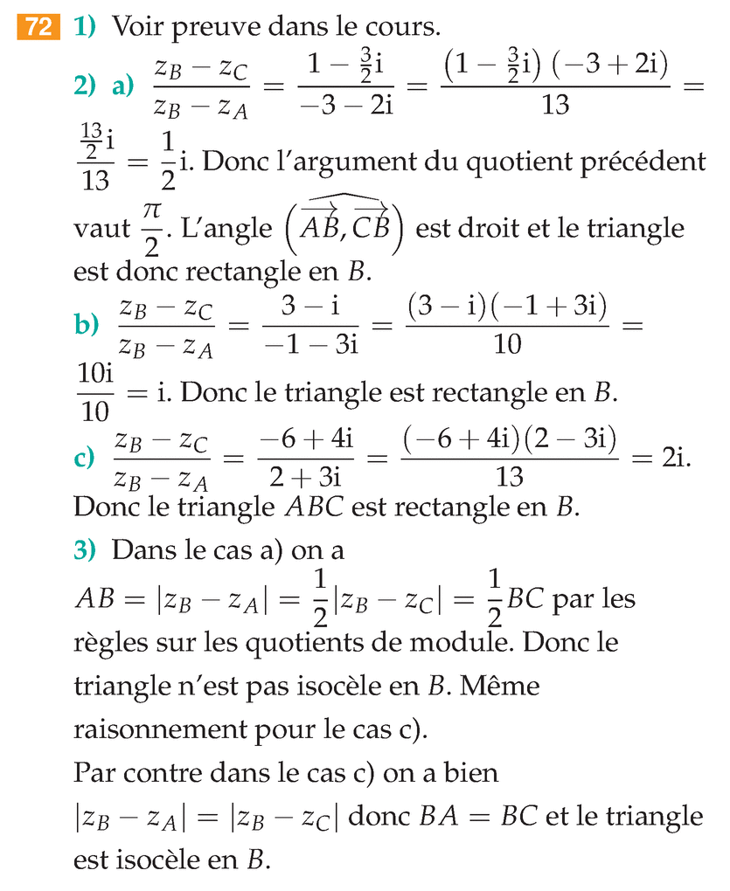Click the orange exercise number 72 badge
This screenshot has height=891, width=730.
tap(38, 28)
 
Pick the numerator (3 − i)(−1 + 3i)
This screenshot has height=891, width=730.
tap(507, 307)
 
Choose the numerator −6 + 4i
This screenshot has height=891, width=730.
tap(305, 440)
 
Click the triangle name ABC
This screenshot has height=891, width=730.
tap(310, 508)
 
